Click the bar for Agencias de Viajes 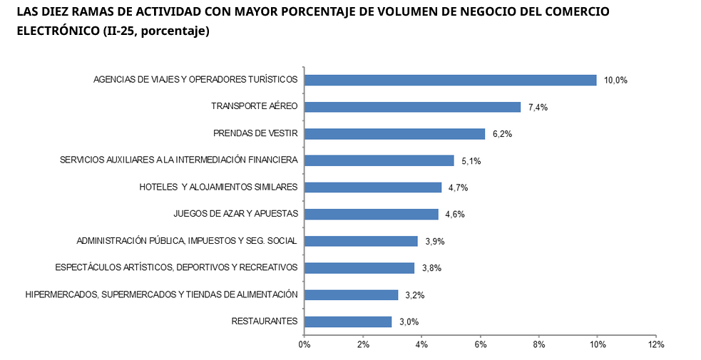(450, 80)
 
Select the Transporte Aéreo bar (412, 107)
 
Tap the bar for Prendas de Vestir (394, 134)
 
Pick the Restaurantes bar (348, 322)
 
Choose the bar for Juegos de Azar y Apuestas (371, 214)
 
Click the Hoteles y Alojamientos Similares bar (373, 187)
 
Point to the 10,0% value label (615, 81)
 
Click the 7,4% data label (538, 108)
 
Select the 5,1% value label (471, 161)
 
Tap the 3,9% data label (435, 242)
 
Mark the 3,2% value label (416, 295)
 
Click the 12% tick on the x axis (656, 345)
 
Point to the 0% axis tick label (305, 345)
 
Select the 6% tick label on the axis (480, 345)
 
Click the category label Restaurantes (265, 322)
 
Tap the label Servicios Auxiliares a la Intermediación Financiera (178, 160)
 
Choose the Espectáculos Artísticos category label (176, 268)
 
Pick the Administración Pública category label (187, 241)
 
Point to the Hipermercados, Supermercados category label (161, 294)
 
